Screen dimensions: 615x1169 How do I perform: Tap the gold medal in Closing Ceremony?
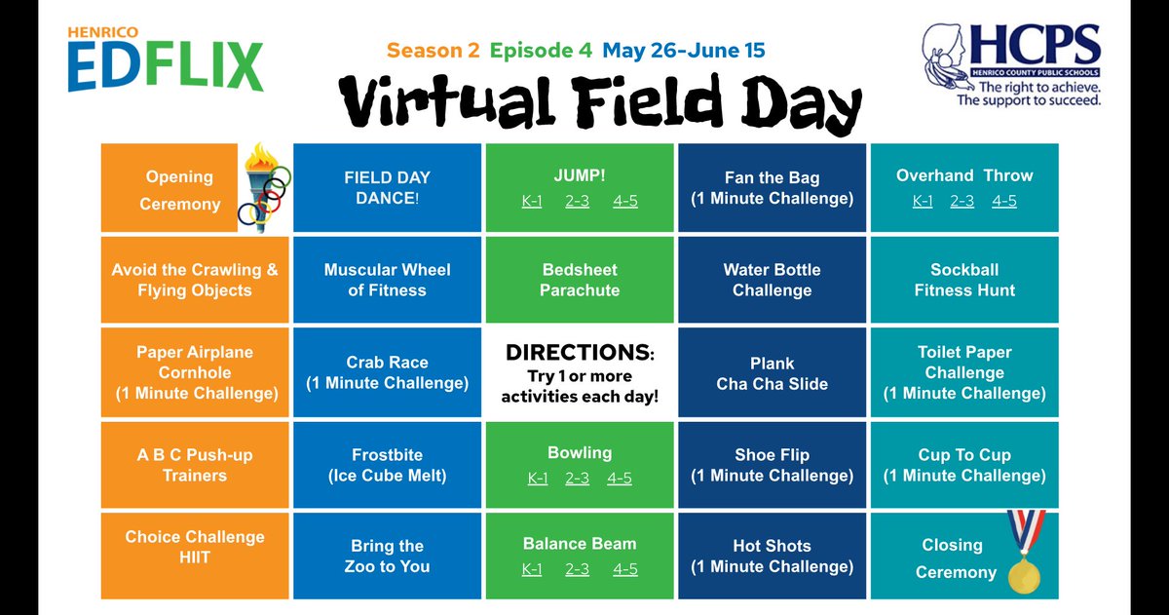[x=1024, y=565]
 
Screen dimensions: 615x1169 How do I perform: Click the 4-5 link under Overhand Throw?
[x=1003, y=201]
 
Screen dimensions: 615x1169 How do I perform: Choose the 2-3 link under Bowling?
[x=578, y=479]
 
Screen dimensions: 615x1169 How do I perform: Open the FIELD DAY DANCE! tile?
[x=387, y=187]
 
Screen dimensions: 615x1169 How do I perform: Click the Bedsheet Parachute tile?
[x=580, y=280]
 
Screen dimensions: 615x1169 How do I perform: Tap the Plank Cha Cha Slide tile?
[x=772, y=373]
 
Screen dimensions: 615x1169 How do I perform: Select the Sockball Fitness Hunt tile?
[x=964, y=280]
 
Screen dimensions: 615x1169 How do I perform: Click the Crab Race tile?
[x=387, y=372]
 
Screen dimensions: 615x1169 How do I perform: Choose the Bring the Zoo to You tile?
[x=387, y=556]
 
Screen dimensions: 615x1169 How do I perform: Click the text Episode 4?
[x=542, y=49]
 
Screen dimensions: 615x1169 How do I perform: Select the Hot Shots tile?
[x=772, y=556]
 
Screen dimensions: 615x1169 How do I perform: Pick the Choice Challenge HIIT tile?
[x=194, y=547]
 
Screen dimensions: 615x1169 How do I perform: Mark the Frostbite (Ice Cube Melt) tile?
[x=387, y=465]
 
